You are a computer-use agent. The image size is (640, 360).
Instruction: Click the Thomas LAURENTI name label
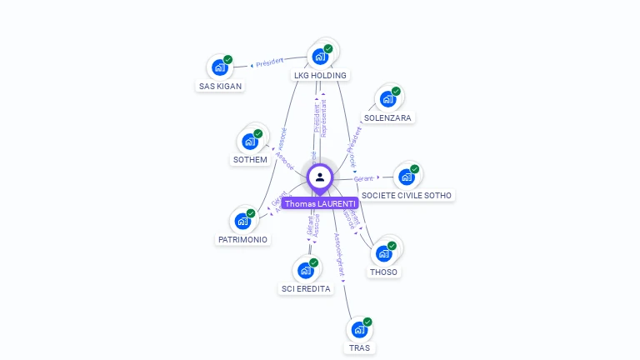[x=320, y=203]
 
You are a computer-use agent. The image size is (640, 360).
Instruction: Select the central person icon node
[x=320, y=177]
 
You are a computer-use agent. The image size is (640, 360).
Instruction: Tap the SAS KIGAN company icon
[x=220, y=67]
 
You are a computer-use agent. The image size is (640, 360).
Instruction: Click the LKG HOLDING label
[x=320, y=75]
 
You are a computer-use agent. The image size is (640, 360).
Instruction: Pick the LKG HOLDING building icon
[x=320, y=57]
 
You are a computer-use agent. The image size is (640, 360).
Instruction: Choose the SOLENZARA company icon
[x=387, y=99]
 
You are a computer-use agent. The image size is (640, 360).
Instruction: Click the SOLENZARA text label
[x=387, y=118]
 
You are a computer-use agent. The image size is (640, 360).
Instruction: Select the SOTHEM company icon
[x=249, y=141]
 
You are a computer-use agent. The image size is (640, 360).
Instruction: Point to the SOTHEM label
[x=249, y=160]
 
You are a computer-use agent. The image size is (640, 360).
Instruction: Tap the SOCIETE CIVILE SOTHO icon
[x=407, y=177]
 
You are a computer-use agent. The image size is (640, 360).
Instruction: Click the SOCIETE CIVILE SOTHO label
[x=407, y=195]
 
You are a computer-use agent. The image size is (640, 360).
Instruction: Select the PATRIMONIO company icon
[x=242, y=221]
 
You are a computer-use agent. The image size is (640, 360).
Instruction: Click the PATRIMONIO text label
[x=242, y=240]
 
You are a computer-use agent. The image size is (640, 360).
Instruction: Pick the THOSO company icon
[x=384, y=252]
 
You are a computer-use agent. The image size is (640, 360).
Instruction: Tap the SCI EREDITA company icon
[x=306, y=270]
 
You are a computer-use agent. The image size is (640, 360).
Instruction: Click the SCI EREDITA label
[x=306, y=289]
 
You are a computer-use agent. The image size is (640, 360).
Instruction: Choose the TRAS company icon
[x=360, y=329]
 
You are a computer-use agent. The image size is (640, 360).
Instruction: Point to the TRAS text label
[x=360, y=347]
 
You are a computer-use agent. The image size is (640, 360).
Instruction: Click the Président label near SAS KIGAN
[x=269, y=62]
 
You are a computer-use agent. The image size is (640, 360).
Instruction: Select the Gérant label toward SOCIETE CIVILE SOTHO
[x=363, y=178]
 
